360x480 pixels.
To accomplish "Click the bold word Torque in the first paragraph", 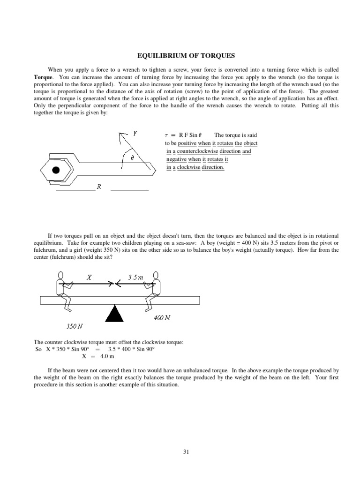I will point(44,76).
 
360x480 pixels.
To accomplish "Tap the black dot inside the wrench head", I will point(56,170).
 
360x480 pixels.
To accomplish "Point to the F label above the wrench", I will point(135,133).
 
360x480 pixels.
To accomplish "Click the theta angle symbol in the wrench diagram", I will point(132,158).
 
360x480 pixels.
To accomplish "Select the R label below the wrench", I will point(99,187).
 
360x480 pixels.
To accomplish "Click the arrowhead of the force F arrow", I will point(122,135).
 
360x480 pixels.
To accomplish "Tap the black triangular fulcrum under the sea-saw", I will point(114,314).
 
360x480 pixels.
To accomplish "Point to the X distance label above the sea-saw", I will point(90,277).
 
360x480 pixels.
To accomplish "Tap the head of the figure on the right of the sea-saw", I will point(156,275).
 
